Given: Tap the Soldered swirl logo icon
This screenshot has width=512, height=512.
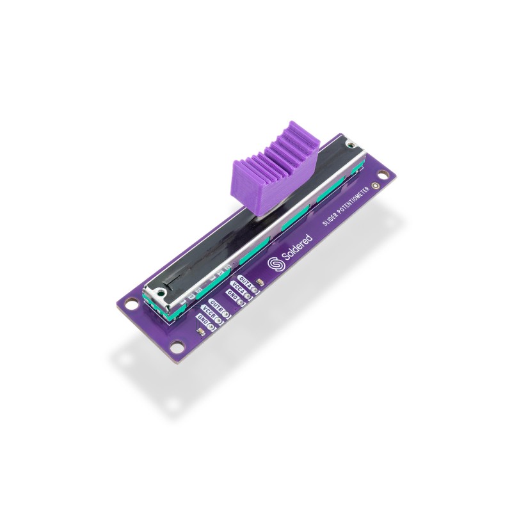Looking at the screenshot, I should (276, 262).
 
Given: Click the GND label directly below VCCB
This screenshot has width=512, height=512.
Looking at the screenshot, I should (203, 319).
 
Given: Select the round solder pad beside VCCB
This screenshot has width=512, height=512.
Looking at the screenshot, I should (218, 320).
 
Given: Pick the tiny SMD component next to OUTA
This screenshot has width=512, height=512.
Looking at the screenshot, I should (260, 282).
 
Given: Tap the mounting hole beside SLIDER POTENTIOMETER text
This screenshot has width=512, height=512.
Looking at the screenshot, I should (383, 173).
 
